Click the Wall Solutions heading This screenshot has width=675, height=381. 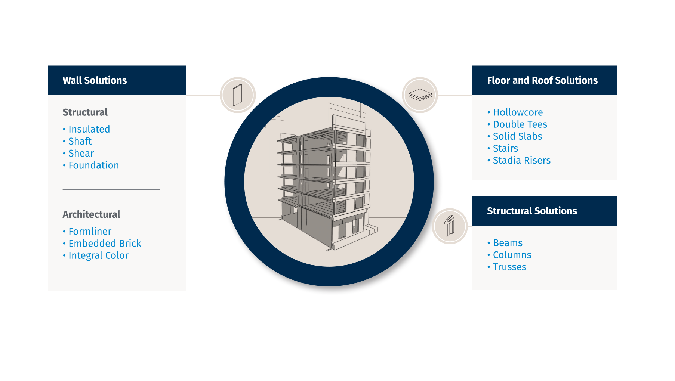click(x=95, y=80)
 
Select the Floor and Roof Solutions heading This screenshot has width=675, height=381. click(x=542, y=80)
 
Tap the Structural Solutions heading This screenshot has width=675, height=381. click(x=532, y=211)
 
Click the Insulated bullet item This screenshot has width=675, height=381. click(x=89, y=129)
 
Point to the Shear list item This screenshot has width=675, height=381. click(x=81, y=153)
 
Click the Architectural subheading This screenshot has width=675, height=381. click(x=92, y=214)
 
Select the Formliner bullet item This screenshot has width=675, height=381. click(x=90, y=231)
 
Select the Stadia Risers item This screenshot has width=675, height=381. click(x=522, y=160)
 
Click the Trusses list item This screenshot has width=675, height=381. click(x=509, y=267)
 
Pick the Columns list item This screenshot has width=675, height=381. click(x=512, y=255)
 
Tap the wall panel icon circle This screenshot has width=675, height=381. click(x=238, y=95)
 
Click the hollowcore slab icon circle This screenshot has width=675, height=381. click(x=420, y=95)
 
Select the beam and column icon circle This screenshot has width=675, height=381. click(x=450, y=226)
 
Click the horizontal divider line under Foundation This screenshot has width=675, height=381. click(x=111, y=189)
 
